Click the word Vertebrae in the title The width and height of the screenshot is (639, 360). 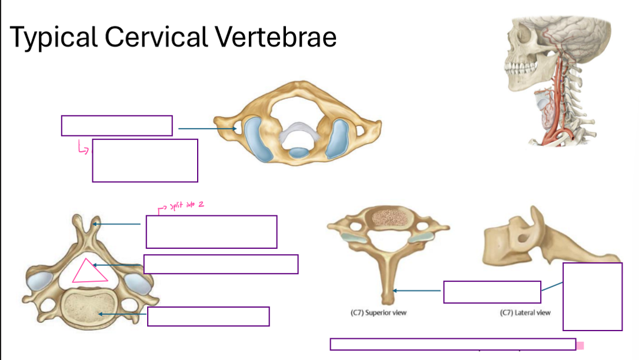click(275, 38)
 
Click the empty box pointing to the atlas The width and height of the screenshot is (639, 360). click(117, 126)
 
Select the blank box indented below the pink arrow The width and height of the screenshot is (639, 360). click(145, 161)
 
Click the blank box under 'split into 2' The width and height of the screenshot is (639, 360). click(211, 232)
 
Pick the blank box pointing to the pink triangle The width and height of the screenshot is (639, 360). click(221, 264)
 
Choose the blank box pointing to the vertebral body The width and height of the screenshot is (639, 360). click(208, 316)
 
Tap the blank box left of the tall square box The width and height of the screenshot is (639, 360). click(492, 292)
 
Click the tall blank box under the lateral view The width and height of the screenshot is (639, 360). click(592, 296)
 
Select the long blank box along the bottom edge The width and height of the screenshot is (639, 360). click(452, 345)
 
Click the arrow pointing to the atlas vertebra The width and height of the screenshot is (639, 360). click(206, 128)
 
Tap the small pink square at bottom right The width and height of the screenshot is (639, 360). click(580, 345)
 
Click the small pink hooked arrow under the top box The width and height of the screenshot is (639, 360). click(82, 148)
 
